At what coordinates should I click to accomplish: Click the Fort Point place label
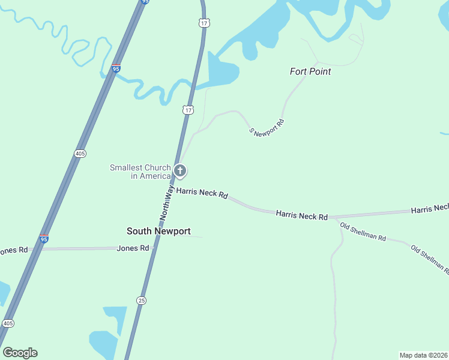(310, 71)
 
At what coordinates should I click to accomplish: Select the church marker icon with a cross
(179, 171)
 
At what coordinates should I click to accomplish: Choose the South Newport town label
(158, 231)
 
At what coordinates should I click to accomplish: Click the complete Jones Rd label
(133, 248)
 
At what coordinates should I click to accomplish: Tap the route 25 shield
(141, 300)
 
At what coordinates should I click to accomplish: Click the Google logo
(20, 353)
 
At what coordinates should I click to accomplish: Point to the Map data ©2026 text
(423, 355)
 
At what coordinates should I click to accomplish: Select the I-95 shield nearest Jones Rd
(43, 239)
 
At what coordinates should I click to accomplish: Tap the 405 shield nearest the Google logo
(8, 323)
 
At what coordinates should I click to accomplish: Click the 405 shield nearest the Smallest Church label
(80, 154)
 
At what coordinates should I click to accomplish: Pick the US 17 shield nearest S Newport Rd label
(188, 110)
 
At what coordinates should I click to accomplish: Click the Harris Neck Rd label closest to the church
(202, 194)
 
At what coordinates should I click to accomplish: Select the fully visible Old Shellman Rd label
(363, 232)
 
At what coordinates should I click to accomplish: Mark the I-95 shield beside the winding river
(116, 69)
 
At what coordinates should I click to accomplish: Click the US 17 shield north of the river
(204, 23)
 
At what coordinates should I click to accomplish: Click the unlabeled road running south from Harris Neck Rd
(333, 288)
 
